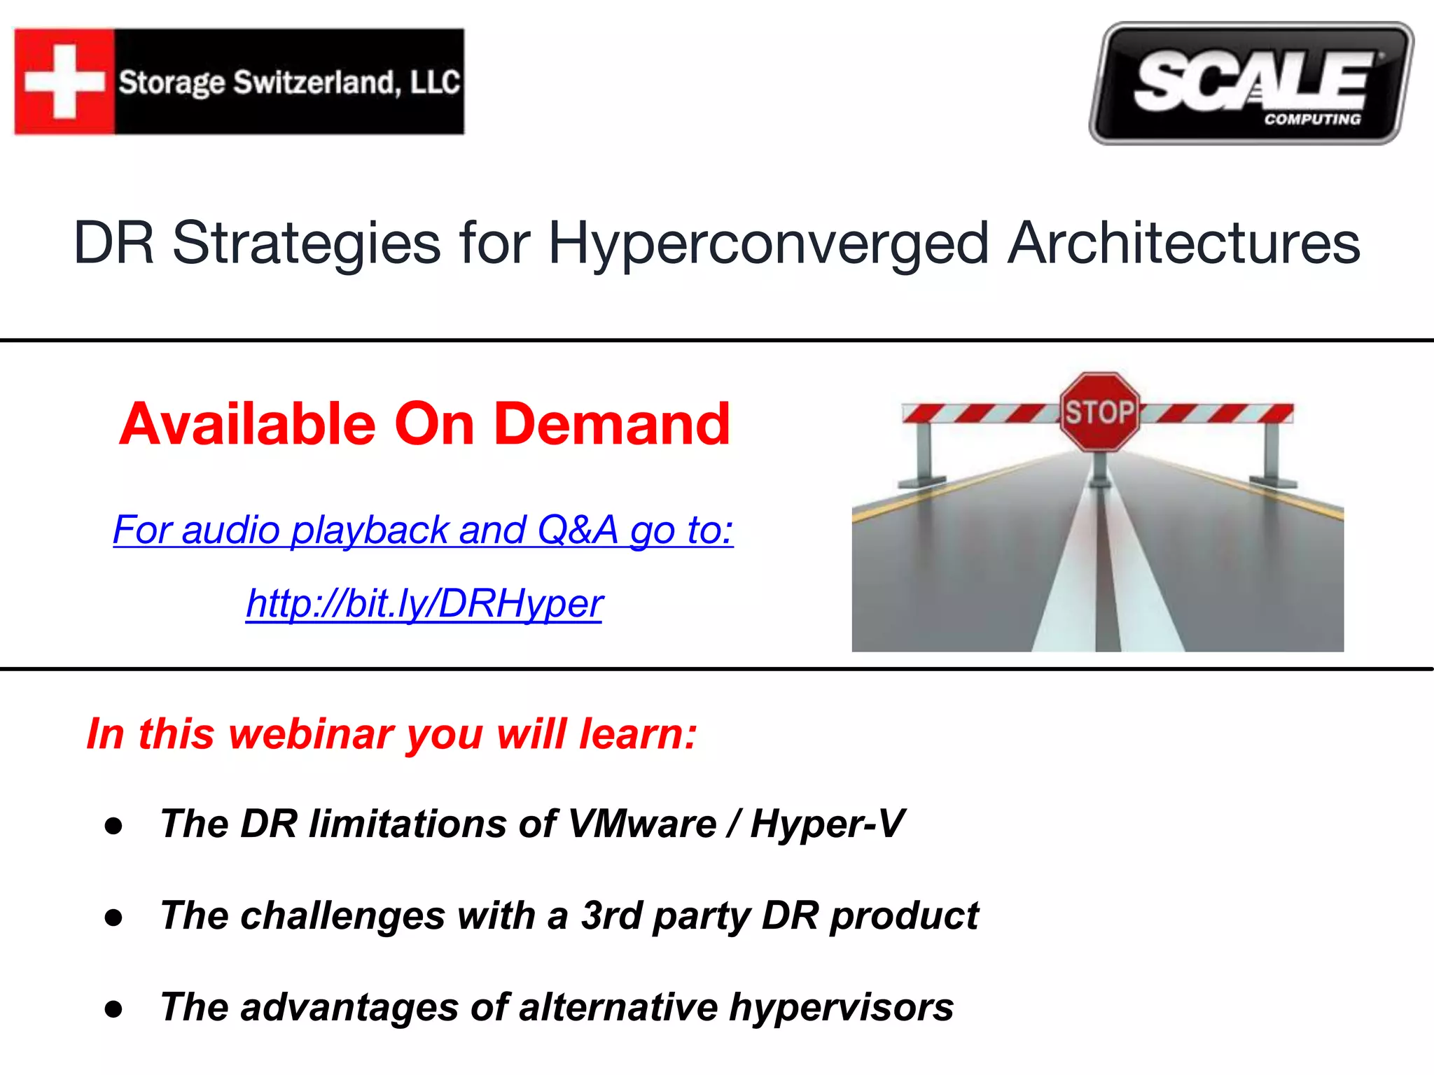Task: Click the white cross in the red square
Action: pos(64,81)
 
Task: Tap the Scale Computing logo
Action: pos(1251,83)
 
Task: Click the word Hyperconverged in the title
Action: pos(768,244)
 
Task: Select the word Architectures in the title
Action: pos(1183,244)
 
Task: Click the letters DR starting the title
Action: pos(113,244)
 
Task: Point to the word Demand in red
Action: pos(612,424)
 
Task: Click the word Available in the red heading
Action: pos(248,424)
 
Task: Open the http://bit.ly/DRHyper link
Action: pos(424,603)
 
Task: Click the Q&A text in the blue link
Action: pos(578,529)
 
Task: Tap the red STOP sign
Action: pos(1099,412)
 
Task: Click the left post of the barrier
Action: pos(924,454)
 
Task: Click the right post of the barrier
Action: pos(1272,454)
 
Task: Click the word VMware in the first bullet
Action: pos(642,824)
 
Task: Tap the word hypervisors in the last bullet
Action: pos(841,1008)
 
